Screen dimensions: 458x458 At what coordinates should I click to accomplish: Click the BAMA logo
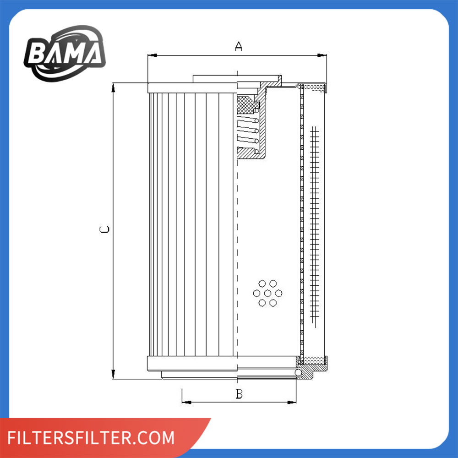tap(65, 54)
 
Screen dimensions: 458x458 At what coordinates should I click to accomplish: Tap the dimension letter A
tap(238, 46)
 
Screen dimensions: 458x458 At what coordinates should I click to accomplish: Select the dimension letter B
tap(239, 393)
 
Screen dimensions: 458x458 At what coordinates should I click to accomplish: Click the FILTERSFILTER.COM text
tap(92, 437)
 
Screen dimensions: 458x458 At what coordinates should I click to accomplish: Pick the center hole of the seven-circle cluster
tap(267, 293)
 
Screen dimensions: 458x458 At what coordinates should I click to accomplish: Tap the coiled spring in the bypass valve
tap(248, 131)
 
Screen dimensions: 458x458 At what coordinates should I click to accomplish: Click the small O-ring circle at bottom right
tap(298, 373)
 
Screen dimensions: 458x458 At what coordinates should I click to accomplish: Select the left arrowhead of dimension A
tap(152, 55)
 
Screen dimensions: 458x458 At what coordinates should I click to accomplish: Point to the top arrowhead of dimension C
tap(113, 87)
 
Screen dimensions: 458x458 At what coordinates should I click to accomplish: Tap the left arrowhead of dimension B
tap(186, 402)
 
